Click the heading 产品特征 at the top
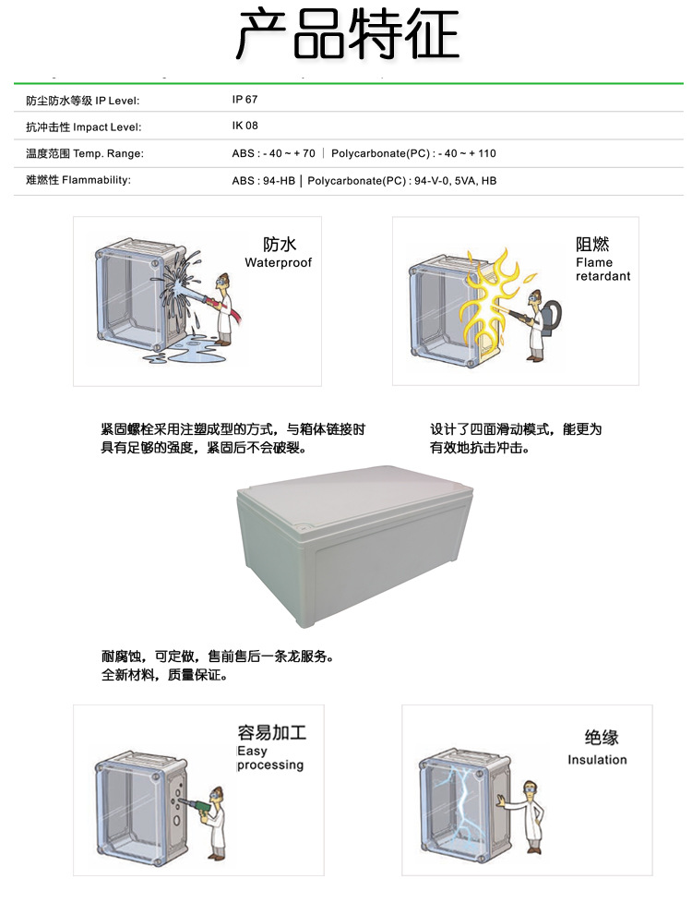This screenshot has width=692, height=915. (x=347, y=35)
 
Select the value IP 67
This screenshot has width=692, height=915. (x=245, y=99)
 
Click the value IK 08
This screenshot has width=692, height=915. (x=245, y=126)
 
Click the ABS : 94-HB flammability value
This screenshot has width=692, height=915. (x=265, y=181)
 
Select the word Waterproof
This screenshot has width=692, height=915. (x=278, y=263)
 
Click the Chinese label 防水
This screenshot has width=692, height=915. (x=279, y=245)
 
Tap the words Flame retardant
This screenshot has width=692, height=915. (x=603, y=270)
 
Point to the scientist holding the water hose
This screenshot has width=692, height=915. (x=222, y=309)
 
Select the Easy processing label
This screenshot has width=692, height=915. (x=269, y=758)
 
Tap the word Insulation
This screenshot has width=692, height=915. (x=597, y=760)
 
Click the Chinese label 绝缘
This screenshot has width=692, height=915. (x=602, y=738)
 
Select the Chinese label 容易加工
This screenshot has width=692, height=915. (x=271, y=734)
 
